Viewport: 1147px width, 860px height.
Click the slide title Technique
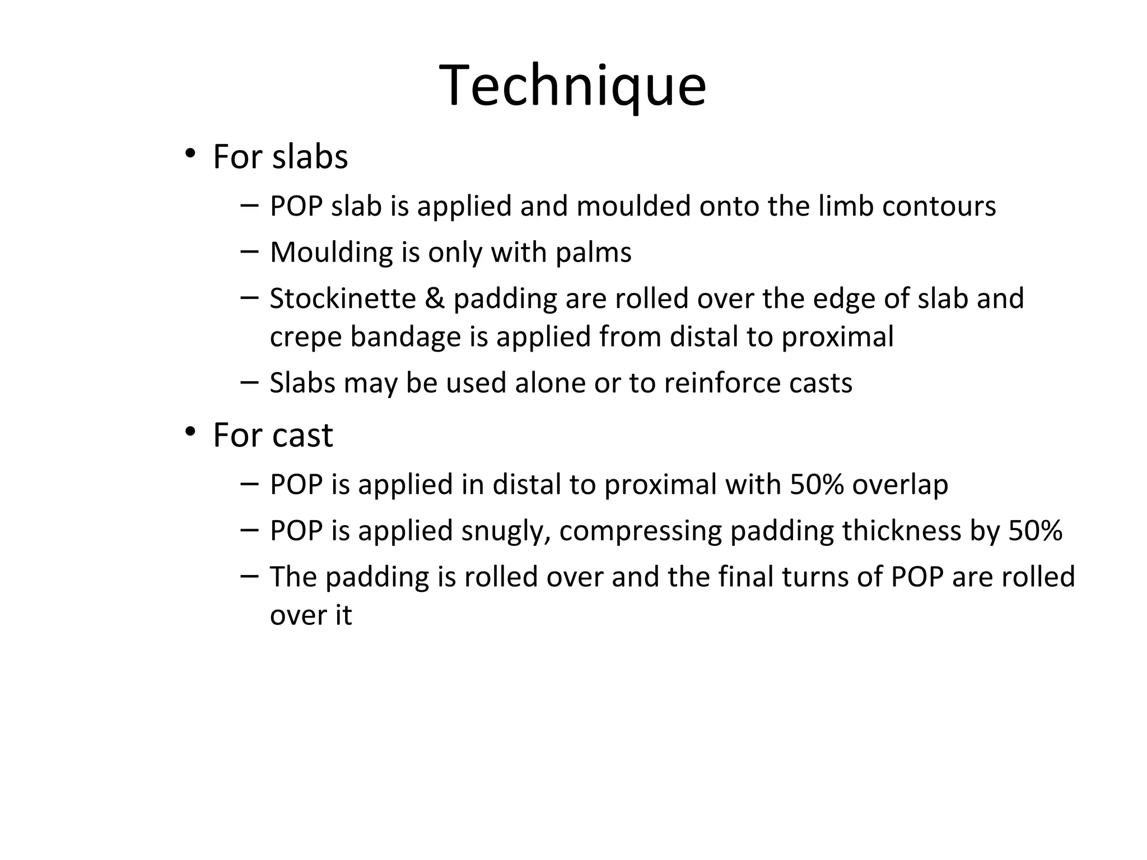[572, 86]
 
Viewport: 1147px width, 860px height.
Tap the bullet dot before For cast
[190, 432]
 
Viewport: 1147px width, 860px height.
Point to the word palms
[593, 253]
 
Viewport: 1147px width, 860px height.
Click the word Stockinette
[343, 298]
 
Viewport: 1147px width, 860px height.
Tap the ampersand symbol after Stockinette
[435, 298]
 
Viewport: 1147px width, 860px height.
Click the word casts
[820, 384]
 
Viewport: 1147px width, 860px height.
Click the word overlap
[900, 485]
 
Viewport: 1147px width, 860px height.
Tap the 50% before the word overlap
[817, 484]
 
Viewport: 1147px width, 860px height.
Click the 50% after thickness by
[1035, 531]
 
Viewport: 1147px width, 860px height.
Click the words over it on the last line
[311, 615]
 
